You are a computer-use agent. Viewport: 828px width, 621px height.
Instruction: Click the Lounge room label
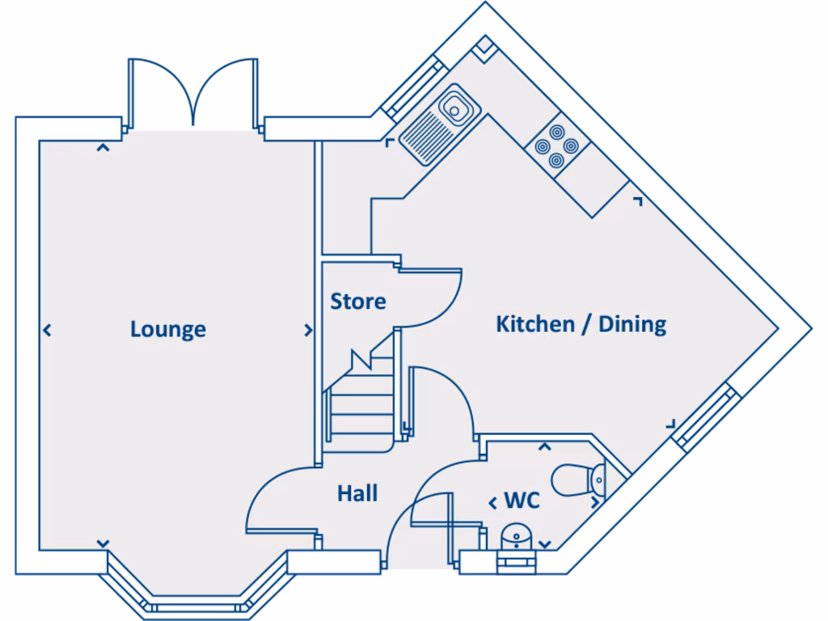click(x=167, y=329)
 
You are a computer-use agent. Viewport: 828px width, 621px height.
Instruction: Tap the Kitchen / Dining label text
click(x=581, y=324)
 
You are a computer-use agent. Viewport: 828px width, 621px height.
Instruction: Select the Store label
click(x=358, y=302)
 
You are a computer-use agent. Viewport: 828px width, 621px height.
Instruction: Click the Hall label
click(x=357, y=492)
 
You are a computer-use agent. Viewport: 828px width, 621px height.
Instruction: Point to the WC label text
click(x=522, y=501)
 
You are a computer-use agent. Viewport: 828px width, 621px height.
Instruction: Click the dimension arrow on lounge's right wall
click(x=308, y=330)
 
